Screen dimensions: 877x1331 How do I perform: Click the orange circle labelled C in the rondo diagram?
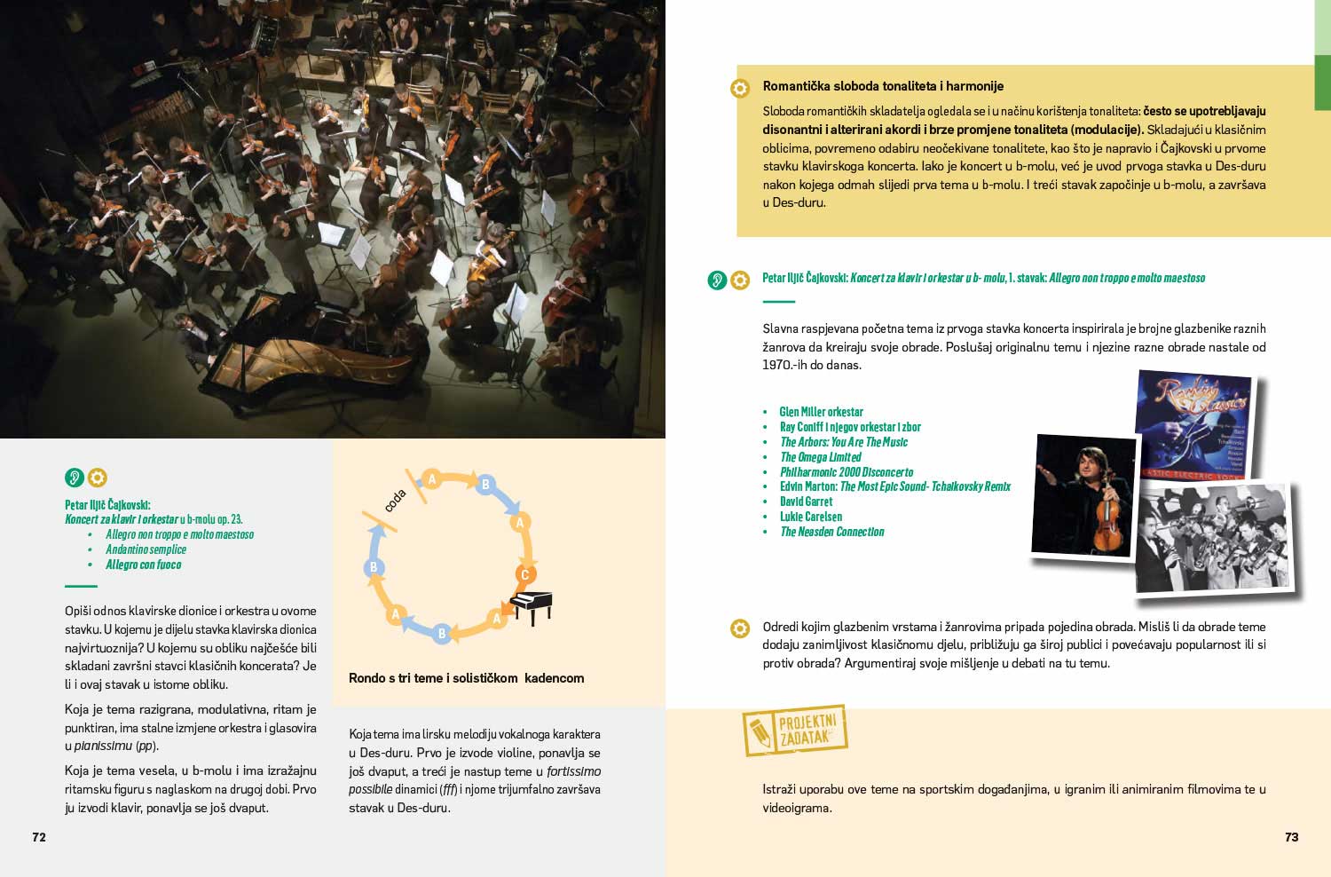pyautogui.click(x=524, y=574)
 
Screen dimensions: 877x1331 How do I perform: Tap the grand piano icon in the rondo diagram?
pyautogui.click(x=531, y=608)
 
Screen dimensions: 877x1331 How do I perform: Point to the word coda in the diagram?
pyautogui.click(x=395, y=500)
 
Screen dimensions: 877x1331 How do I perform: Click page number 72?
pyautogui.click(x=39, y=837)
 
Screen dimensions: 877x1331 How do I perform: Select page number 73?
pyautogui.click(x=1291, y=837)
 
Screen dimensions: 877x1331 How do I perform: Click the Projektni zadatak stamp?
pyautogui.click(x=795, y=730)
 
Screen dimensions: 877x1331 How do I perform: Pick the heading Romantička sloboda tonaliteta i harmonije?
pyautogui.click(x=883, y=86)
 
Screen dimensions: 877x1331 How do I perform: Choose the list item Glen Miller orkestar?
pyautogui.click(x=821, y=412)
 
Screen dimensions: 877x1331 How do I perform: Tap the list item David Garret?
pyautogui.click(x=806, y=502)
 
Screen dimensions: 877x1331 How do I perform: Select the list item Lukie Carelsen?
pyautogui.click(x=811, y=517)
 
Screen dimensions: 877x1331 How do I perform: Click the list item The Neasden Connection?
pyautogui.click(x=832, y=532)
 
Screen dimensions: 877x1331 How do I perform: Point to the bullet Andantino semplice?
pyautogui.click(x=146, y=549)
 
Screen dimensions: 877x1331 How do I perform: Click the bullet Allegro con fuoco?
pyautogui.click(x=143, y=565)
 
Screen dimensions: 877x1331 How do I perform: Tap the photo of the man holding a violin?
pyautogui.click(x=1084, y=494)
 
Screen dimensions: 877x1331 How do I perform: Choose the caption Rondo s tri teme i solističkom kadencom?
pyautogui.click(x=466, y=678)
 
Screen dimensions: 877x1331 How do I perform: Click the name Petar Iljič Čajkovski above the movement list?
pyautogui.click(x=107, y=505)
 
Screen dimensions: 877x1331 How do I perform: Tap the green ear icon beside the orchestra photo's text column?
pyautogui.click(x=75, y=478)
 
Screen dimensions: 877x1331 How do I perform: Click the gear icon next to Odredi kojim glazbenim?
pyautogui.click(x=740, y=628)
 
